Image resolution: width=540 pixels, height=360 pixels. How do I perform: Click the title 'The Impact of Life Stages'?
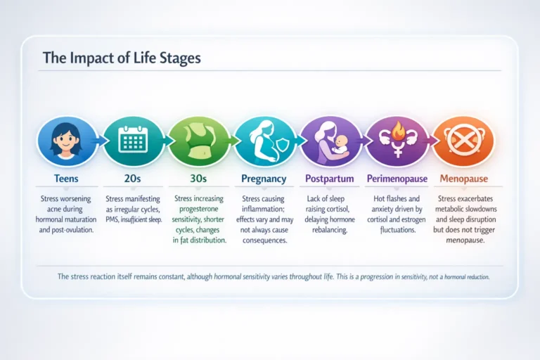pyautogui.click(x=122, y=58)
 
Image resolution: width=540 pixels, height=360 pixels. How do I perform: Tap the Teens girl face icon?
pyautogui.click(x=67, y=141)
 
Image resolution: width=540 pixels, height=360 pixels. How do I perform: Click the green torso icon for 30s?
pyautogui.click(x=198, y=141)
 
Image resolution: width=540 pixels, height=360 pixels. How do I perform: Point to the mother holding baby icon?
pyautogui.click(x=331, y=141)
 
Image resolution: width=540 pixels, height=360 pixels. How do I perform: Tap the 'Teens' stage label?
pyautogui.click(x=66, y=179)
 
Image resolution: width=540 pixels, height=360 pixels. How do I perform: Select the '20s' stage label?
pyautogui.click(x=132, y=179)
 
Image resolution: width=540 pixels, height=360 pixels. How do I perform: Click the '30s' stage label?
pyautogui.click(x=199, y=179)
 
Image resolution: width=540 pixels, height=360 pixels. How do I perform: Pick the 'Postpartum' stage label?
pyautogui.click(x=331, y=179)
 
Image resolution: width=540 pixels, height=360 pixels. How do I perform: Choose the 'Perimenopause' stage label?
pyautogui.click(x=397, y=179)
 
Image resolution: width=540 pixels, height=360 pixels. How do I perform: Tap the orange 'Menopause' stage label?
pyautogui.click(x=463, y=179)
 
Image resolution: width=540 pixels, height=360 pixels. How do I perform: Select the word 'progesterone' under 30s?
pyautogui.click(x=199, y=209)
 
